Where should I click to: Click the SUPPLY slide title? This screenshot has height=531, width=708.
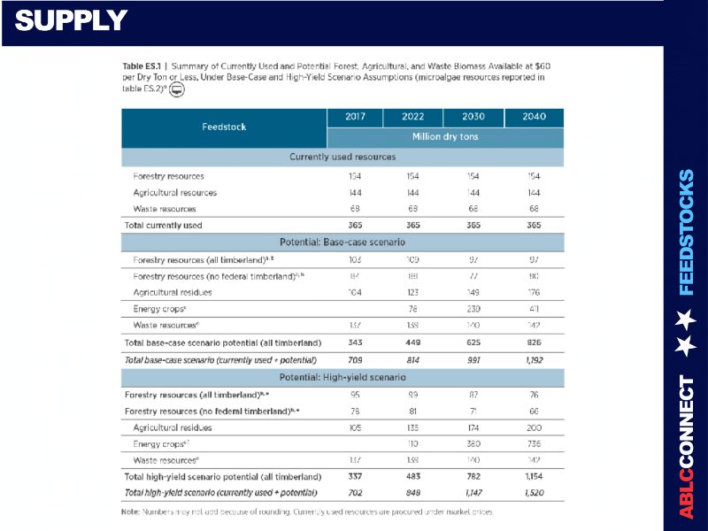pos(72,20)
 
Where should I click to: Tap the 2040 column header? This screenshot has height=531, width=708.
pos(535,117)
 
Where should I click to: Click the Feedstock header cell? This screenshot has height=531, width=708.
pos(224,127)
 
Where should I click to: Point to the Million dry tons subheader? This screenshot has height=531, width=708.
pos(444,137)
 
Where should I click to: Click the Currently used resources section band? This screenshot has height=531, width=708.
pos(342,157)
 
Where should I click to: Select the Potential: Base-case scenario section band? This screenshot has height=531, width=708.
pos(342,242)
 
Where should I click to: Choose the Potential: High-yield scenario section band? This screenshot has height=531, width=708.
pos(342,378)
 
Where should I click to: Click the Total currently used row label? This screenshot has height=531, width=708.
pos(163,225)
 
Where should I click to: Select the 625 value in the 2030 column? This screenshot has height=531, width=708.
pos(473,342)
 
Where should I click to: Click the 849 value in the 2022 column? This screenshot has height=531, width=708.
pos(412,491)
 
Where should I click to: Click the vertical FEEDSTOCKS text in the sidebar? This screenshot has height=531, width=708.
pos(687,232)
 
